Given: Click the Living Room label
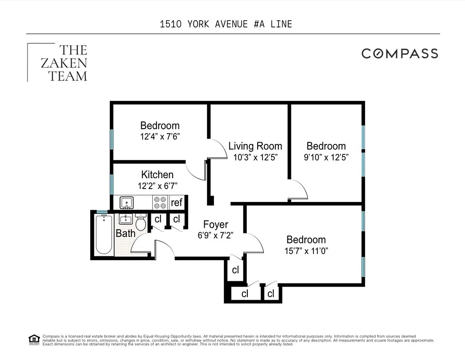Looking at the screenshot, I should tap(255, 146).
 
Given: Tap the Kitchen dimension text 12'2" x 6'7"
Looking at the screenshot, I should tap(157, 185).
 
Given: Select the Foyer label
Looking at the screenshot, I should tap(215, 225).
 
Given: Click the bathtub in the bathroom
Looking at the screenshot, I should tap(103, 234).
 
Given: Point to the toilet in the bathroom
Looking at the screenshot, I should tap(141, 222).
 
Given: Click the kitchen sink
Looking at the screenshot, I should tap(126, 202).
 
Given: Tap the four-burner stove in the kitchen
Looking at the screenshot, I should tap(161, 202).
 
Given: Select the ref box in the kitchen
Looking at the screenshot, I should tap(177, 202).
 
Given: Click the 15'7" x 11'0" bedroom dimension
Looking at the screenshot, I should tap(306, 251).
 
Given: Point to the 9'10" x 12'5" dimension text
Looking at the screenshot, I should tap(326, 157).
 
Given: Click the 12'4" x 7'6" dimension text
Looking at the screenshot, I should tap(160, 136).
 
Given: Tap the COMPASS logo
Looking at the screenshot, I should tap(400, 54).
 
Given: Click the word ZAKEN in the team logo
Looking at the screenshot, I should tap(64, 63).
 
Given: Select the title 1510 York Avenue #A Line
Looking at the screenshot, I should tap(226, 24).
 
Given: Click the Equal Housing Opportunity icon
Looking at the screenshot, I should tap(34, 339).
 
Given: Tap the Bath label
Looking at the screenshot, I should tap(125, 234).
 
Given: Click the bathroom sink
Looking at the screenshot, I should tap(125, 220).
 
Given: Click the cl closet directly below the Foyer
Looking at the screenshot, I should tap(235, 270).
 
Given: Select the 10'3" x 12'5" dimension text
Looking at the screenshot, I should tap(255, 157).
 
